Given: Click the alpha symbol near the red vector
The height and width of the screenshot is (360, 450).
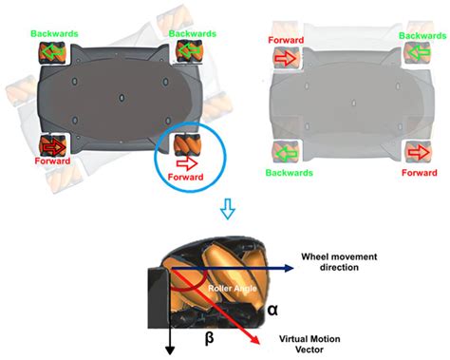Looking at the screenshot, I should (272, 309).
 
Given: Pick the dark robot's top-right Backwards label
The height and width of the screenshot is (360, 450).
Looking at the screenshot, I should (190, 32).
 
